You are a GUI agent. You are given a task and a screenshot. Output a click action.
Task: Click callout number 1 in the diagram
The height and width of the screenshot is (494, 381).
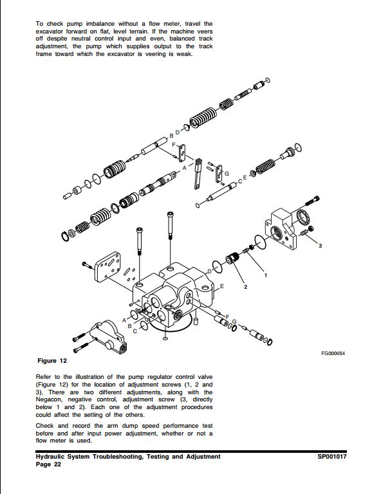click(265, 275)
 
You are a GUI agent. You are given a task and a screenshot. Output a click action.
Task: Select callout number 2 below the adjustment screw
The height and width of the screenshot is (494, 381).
click(245, 287)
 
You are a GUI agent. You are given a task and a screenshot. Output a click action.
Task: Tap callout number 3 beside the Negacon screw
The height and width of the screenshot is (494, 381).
click(320, 246)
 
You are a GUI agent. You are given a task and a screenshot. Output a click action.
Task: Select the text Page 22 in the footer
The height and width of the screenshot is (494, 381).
click(48, 464)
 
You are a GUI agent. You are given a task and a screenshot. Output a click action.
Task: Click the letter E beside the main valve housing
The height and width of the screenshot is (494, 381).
click(221, 286)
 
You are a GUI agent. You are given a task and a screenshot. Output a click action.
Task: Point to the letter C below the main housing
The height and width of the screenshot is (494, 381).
click(135, 331)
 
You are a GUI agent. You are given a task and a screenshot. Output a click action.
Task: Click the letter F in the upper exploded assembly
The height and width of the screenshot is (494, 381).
click(174, 145)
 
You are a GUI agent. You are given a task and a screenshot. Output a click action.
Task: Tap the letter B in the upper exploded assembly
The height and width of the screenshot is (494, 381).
click(171, 136)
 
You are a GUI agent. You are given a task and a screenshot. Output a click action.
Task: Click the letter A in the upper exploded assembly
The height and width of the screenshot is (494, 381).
click(185, 167)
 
